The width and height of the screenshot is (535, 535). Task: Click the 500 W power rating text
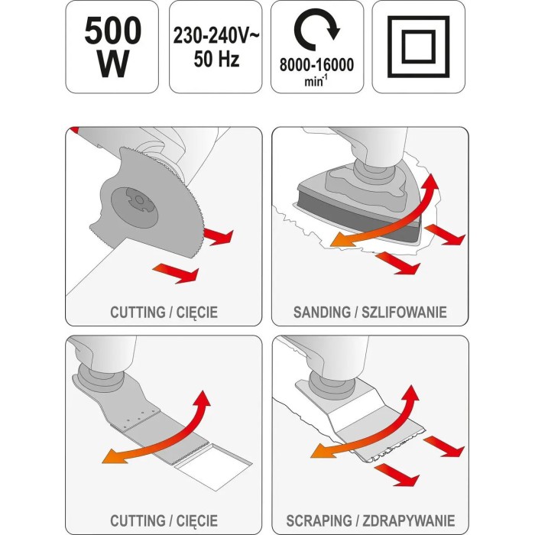pos(112,47)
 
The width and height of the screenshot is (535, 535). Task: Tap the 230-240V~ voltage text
pos(216,35)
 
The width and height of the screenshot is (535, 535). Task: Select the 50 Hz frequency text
pos(216,59)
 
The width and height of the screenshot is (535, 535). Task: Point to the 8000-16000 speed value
pos(317,64)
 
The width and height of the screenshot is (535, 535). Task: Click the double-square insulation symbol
pos(419,47)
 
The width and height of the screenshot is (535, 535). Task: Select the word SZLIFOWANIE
pos(404,312)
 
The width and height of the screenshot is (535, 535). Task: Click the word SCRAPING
pos(319,520)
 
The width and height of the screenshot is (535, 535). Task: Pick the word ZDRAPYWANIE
pos(408,520)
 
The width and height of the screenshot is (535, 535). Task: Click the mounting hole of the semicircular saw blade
pos(139,200)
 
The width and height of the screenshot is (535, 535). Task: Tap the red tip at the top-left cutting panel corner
pos(73,130)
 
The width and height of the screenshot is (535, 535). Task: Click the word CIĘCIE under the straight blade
pos(197,520)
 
